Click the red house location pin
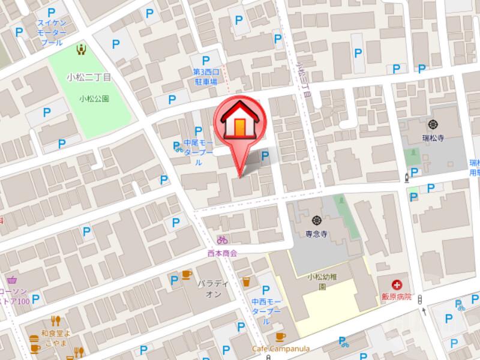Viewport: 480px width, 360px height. coord(239,123)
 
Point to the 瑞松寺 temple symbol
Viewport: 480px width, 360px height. coord(434,125)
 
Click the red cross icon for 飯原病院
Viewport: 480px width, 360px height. coord(397,284)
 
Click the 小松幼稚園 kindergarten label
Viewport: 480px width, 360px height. coord(321,281)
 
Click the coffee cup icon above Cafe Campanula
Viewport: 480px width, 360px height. coord(278,337)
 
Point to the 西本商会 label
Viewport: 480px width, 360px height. coord(223,253)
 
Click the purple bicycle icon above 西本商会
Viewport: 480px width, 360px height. coord(223,240)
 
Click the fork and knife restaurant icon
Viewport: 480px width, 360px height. coord(56,320)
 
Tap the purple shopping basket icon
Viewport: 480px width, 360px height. coord(12,280)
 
